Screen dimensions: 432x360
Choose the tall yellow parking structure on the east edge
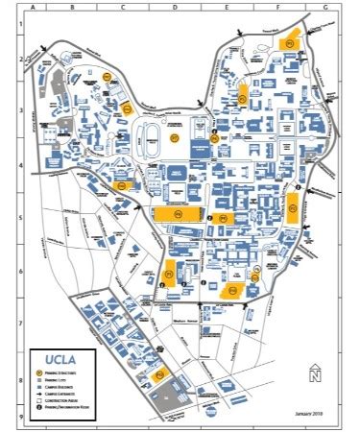tap(293, 207)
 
